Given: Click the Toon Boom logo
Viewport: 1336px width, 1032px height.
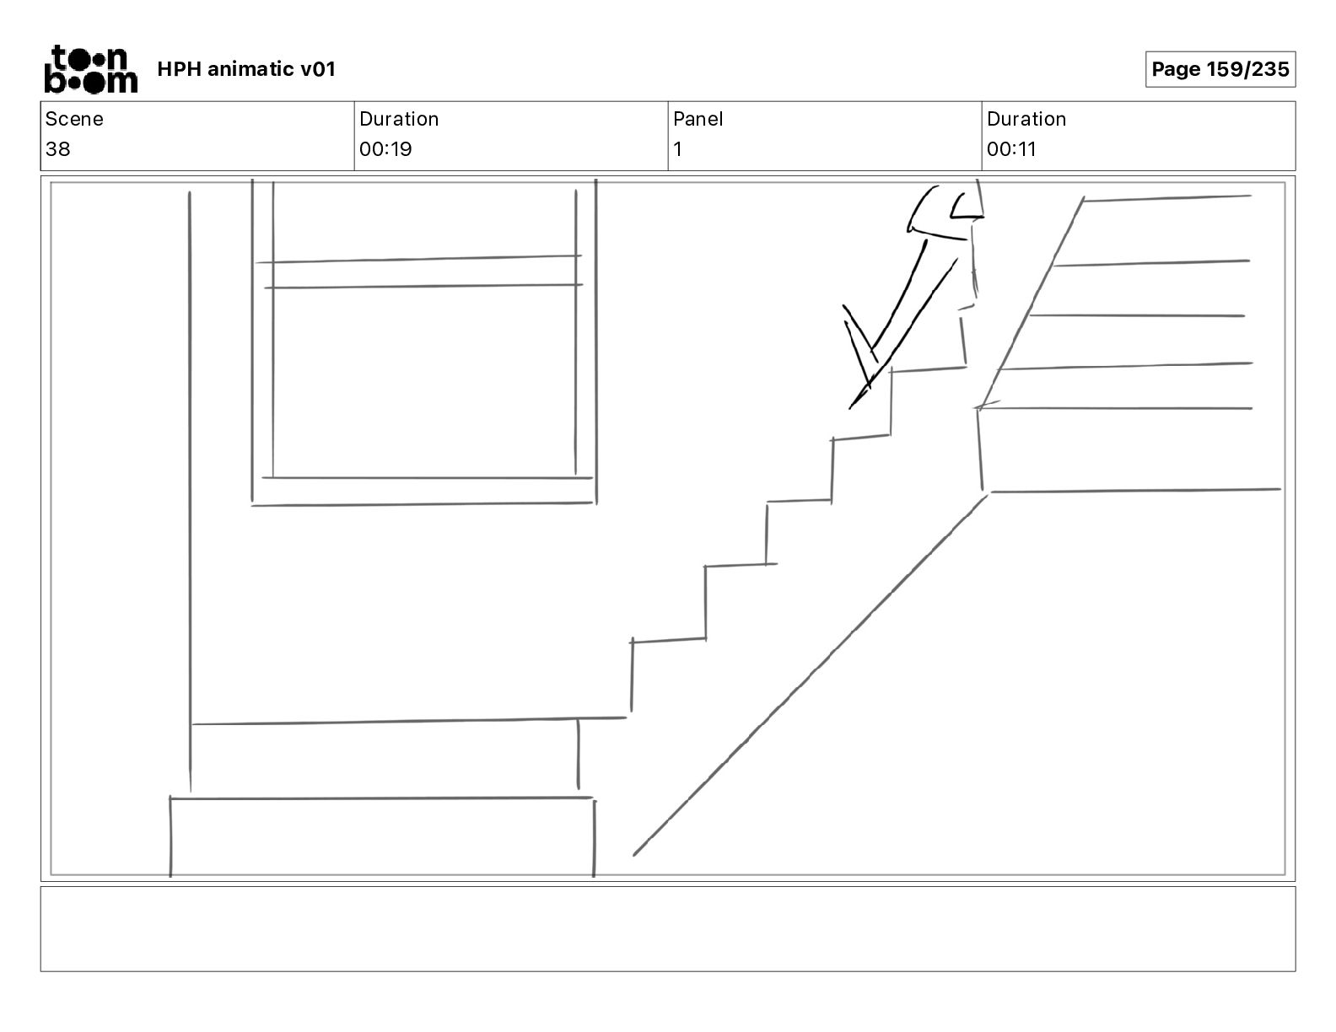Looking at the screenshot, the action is coord(90,69).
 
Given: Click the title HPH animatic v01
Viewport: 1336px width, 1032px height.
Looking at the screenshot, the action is coord(246,69).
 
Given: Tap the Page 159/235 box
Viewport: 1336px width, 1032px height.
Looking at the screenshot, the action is coord(1220,69).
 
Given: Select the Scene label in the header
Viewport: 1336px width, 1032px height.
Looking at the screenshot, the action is coord(74,119).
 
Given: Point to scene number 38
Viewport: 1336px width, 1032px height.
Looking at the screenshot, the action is coord(58,149).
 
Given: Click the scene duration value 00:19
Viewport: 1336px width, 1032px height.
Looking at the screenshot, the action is coord(385,149).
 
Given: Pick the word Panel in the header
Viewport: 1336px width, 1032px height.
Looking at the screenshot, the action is coord(698,119).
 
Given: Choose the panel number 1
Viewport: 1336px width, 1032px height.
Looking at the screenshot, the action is coord(677,149).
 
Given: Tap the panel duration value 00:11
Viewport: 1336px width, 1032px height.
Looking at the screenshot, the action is coord(1011,149).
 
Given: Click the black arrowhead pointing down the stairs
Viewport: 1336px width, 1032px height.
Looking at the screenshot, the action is coord(862,363).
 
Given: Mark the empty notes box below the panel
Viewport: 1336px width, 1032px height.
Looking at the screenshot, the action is coord(667,928).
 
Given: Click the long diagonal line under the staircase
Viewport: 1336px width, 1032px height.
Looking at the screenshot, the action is coord(810,675).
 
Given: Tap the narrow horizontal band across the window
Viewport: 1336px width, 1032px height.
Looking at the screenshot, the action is coord(422,272).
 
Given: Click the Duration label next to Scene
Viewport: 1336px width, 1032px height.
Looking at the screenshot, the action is coord(399,119).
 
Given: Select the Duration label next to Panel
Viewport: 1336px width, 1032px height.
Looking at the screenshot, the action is coord(1026,119).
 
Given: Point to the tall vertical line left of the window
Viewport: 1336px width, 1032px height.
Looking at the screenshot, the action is coord(190,489).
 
